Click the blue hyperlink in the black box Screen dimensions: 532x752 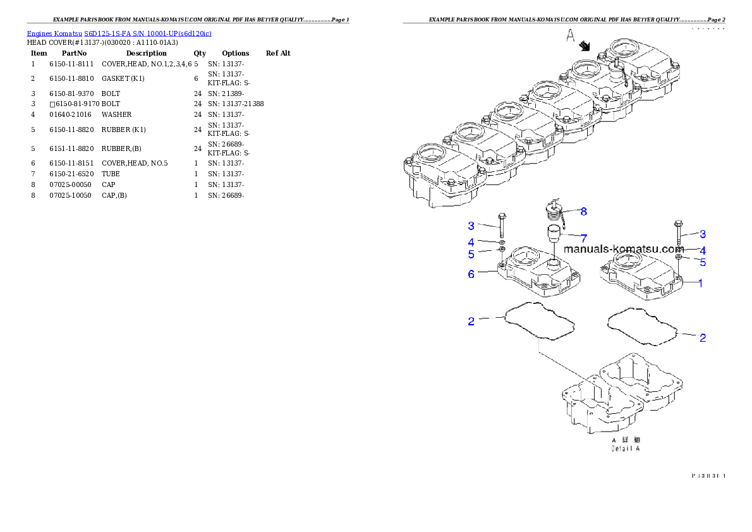[x=119, y=33]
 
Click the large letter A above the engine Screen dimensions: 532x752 [x=570, y=38]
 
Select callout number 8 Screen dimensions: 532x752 [x=584, y=211]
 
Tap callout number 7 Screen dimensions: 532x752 [x=584, y=238]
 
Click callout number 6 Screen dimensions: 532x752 [x=471, y=274]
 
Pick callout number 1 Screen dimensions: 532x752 [x=700, y=283]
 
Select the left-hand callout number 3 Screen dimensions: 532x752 [x=471, y=226]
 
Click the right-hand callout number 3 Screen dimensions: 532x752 [x=702, y=234]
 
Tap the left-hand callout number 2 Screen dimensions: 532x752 [x=471, y=322]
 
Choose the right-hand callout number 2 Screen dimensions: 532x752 [x=702, y=338]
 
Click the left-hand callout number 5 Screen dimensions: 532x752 [x=471, y=255]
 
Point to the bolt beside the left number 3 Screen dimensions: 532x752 [x=502, y=226]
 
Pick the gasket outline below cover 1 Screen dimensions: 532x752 [x=641, y=326]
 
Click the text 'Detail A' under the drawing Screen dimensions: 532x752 [x=625, y=449]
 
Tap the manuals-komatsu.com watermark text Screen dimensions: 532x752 [x=623, y=249]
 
